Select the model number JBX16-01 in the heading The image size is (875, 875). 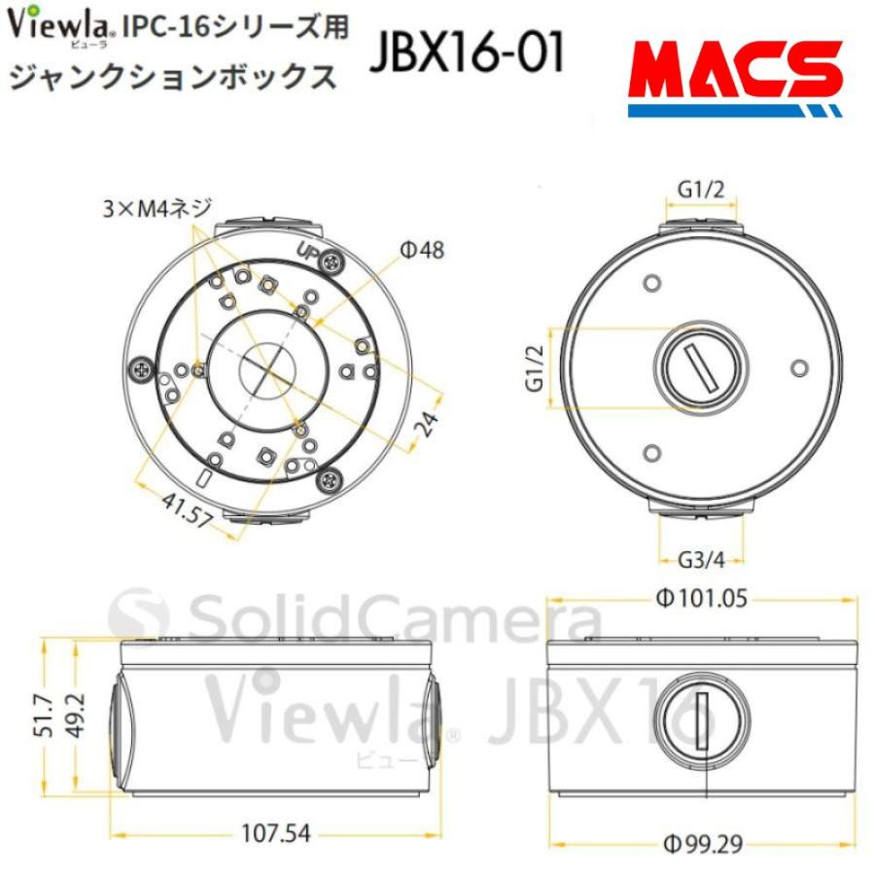[466, 55]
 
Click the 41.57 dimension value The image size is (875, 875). [188, 507]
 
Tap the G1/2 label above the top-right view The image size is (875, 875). [701, 191]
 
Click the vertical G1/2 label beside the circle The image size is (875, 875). [533, 368]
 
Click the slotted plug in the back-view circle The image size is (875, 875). [700, 370]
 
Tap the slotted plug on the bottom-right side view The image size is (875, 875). [699, 719]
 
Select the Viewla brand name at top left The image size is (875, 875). [62, 24]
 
